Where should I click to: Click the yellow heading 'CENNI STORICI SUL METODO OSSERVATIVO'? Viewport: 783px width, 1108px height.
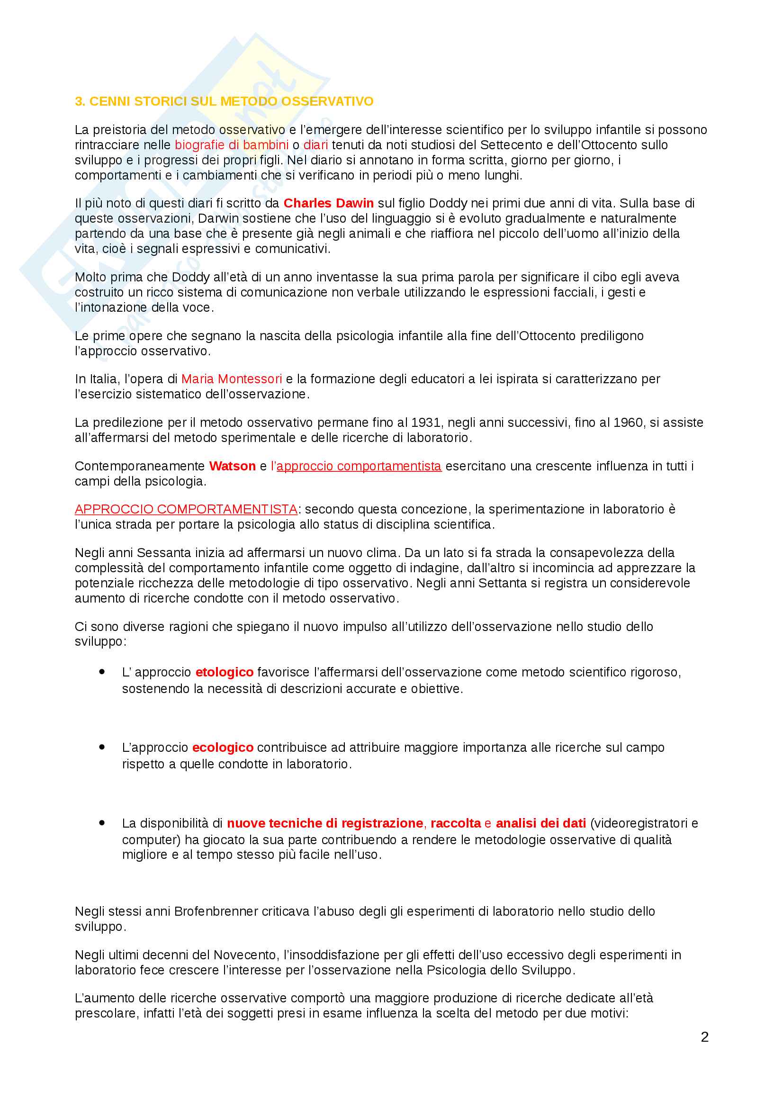tap(231, 101)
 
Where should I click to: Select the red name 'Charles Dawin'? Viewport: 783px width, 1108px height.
tap(329, 203)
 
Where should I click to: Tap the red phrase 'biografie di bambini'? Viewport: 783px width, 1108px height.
tap(232, 145)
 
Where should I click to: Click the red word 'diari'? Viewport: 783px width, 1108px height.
tap(315, 145)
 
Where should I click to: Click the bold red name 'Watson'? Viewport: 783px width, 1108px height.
tap(232, 466)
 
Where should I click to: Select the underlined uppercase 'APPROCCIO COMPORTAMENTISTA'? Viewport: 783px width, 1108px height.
tap(186, 509)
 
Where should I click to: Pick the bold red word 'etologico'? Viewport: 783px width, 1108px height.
tap(225, 672)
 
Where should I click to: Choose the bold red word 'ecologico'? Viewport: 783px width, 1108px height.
tap(223, 748)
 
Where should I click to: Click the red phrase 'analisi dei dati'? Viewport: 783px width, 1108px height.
tap(541, 823)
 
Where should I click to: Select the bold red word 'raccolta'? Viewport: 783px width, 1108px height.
tap(455, 823)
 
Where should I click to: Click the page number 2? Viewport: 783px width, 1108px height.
tap(704, 1037)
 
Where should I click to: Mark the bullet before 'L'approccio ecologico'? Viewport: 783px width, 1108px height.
tap(102, 747)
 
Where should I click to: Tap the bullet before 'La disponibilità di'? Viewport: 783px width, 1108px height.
tap(102, 823)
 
